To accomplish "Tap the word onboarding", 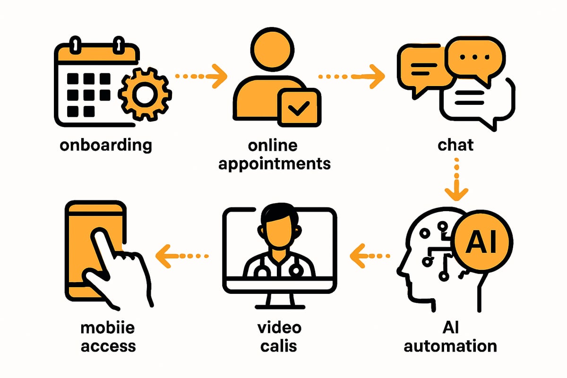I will (106, 145).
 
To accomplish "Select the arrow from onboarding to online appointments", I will (198, 76).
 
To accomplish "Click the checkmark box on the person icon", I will (298, 108).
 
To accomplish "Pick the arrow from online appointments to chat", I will (351, 76).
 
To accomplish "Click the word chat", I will (455, 145).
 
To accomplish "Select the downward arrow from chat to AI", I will (456, 182).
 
